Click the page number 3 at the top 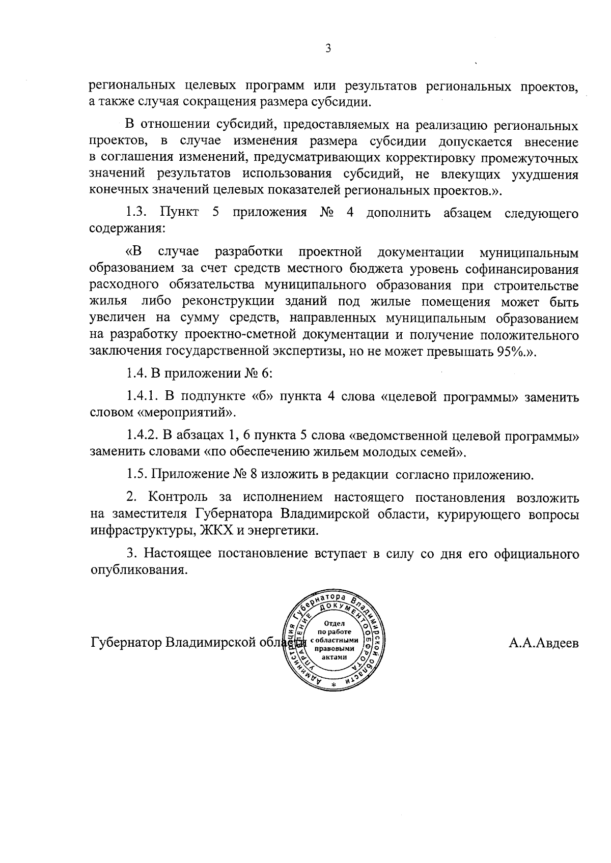pyautogui.click(x=328, y=49)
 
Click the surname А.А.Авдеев pyautogui.click(x=544, y=643)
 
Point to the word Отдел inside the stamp pyautogui.click(x=334, y=624)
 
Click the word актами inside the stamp pyautogui.click(x=334, y=656)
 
